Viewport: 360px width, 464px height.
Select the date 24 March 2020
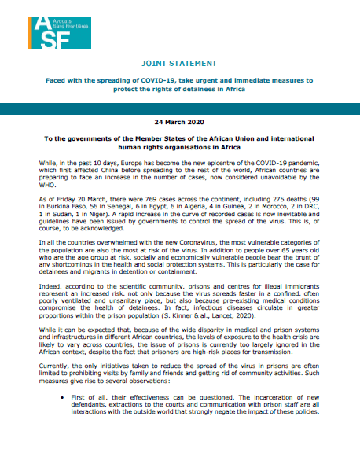pyautogui.click(x=180, y=123)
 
